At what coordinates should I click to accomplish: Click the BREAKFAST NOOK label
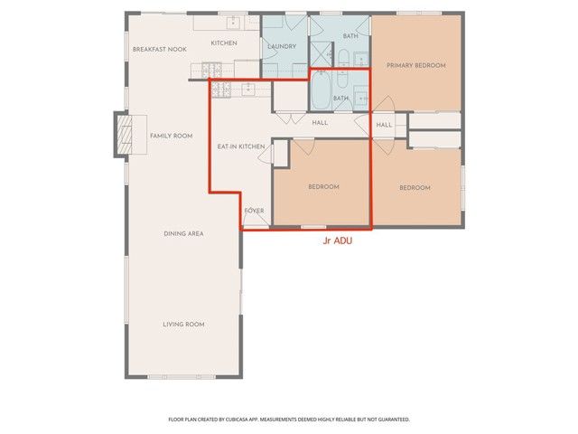[159, 49]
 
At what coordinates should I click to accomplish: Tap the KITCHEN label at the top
[224, 43]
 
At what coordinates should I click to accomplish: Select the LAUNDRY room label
[283, 46]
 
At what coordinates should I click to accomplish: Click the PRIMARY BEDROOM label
[415, 65]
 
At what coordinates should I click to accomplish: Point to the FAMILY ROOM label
[171, 136]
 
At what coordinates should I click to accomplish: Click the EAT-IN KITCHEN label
[240, 146]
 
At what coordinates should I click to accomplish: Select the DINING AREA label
[183, 233]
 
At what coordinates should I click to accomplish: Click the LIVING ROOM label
[183, 324]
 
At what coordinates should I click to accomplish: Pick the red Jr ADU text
[337, 242]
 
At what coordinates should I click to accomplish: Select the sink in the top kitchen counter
[233, 21]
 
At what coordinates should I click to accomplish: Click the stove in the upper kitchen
[211, 68]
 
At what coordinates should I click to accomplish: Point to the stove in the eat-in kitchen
[222, 89]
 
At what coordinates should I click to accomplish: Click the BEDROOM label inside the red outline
[323, 187]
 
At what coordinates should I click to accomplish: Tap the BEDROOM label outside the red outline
[415, 187]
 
